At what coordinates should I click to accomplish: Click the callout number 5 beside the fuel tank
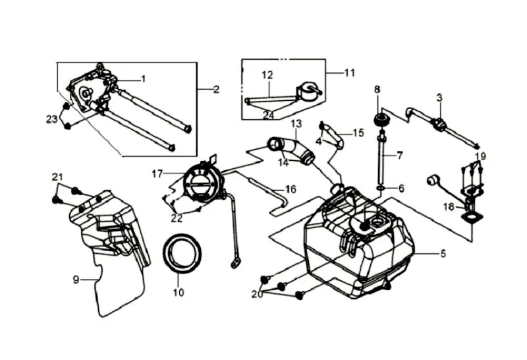click(x=443, y=253)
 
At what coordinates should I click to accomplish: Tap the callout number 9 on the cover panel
click(x=76, y=280)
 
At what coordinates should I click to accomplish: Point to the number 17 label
click(x=157, y=174)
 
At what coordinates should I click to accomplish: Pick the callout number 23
click(x=52, y=119)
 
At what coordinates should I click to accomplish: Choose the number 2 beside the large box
click(x=216, y=89)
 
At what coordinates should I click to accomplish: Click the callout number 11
click(x=350, y=73)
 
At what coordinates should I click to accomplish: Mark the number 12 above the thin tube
click(x=267, y=75)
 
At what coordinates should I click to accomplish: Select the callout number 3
click(x=439, y=98)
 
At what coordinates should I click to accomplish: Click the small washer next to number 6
click(x=381, y=187)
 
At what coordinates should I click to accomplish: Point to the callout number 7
click(x=399, y=156)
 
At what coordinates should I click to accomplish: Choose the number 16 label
click(x=291, y=189)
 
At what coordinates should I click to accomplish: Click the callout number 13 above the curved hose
click(x=296, y=124)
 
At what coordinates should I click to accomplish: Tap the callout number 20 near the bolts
click(x=257, y=294)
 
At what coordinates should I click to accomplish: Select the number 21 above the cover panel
click(x=57, y=177)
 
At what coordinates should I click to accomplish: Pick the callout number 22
click(x=177, y=218)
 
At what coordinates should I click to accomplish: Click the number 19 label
click(x=481, y=156)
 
